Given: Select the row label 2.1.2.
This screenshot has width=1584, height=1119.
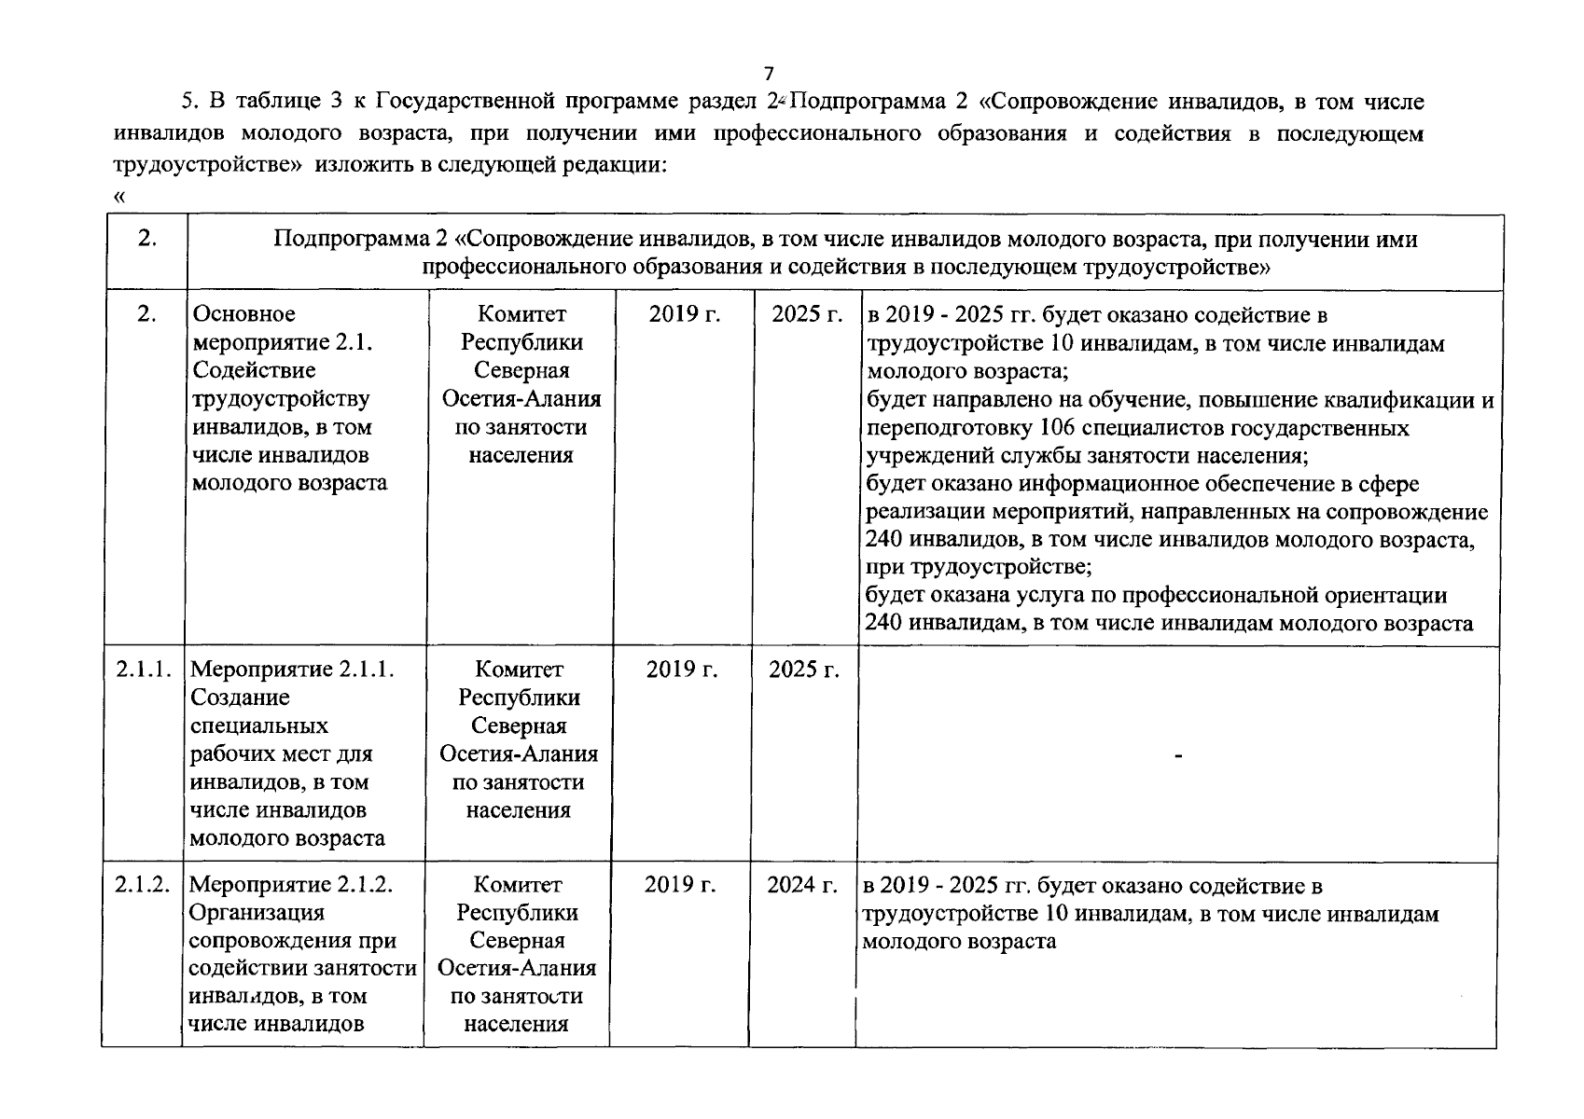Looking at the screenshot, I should pos(142,884).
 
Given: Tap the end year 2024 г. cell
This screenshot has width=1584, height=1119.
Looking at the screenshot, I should pos(802,884).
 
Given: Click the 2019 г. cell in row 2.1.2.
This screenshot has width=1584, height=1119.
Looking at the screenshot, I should pos(680,884).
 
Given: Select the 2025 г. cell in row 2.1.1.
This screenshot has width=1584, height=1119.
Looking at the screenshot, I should pos(804,670).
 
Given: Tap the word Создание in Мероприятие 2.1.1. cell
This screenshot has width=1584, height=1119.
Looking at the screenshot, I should pos(240,698).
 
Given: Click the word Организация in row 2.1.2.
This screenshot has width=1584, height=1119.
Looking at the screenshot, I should pos(257,912).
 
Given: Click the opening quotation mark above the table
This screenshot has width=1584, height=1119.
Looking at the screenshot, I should pos(118,197).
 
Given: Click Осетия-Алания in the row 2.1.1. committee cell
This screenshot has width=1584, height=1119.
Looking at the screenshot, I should pos(519,753).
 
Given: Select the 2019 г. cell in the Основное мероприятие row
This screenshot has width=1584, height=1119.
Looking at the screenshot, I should pos(685,314).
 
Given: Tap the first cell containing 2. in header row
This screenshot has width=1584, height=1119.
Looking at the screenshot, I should pos(146,239).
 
